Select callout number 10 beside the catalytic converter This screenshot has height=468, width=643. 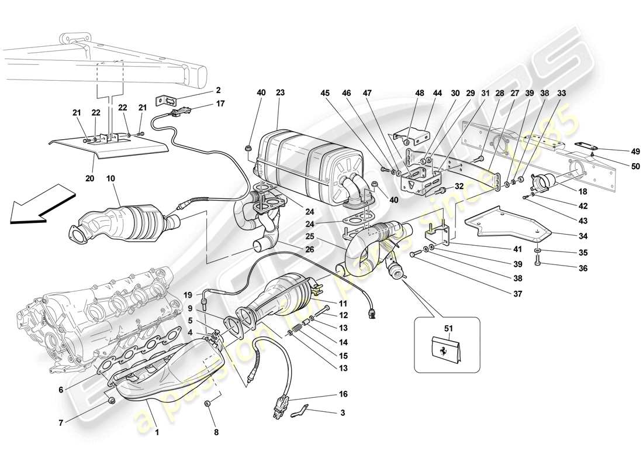(x=111, y=177)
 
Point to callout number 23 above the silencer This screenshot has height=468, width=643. (x=280, y=92)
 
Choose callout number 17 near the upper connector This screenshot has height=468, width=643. (x=203, y=105)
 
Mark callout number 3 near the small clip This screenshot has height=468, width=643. (x=343, y=413)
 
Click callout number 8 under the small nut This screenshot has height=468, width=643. (x=216, y=433)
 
